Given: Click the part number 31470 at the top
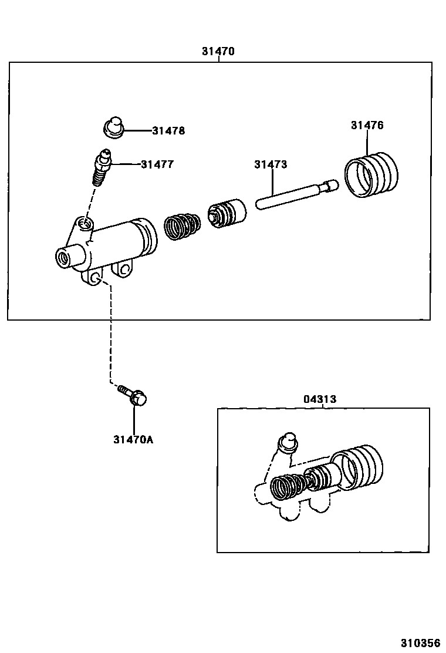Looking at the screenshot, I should (x=218, y=51).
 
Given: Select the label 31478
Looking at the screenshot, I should (x=168, y=131).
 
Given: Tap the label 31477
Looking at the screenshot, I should (x=157, y=164).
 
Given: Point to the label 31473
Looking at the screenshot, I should (x=271, y=164).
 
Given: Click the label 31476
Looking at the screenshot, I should (x=367, y=125).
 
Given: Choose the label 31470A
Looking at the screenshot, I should (x=133, y=439).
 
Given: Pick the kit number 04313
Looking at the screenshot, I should (x=320, y=399).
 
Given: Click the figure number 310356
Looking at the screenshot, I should (x=420, y=643).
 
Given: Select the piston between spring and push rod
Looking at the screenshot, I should (x=227, y=213).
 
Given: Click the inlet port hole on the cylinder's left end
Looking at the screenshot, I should (x=63, y=257).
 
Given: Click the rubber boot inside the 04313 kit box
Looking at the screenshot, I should (x=356, y=466).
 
